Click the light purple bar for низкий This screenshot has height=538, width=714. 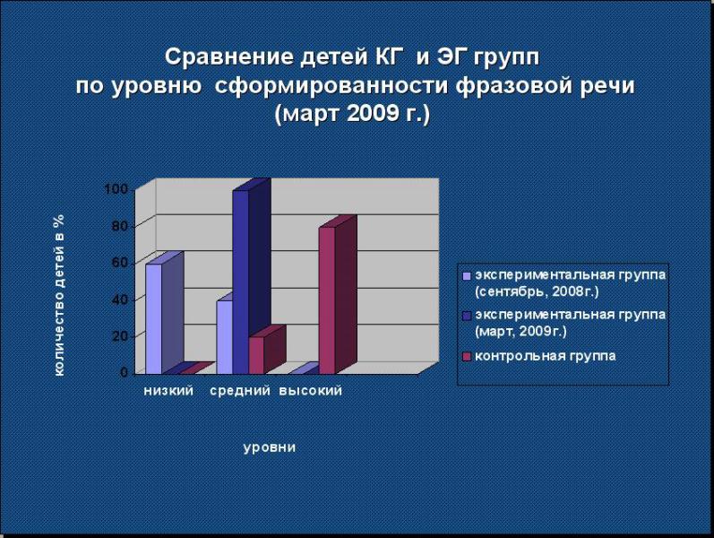pyautogui.click(x=153, y=318)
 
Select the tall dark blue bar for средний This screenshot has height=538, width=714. pyautogui.click(x=240, y=282)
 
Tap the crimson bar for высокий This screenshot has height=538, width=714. pyautogui.click(x=327, y=300)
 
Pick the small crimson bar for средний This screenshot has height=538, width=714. pyautogui.click(x=256, y=356)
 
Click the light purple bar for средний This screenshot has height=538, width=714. pyautogui.click(x=225, y=337)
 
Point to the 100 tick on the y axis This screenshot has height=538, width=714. pyautogui.click(x=116, y=189)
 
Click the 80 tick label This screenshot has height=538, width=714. pyautogui.click(x=120, y=226)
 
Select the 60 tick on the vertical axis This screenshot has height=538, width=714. pyautogui.click(x=120, y=263)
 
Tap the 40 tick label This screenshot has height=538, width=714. pyautogui.click(x=120, y=299)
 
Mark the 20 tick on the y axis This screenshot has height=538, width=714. pyautogui.click(x=120, y=336)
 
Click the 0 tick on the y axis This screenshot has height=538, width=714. pyautogui.click(x=125, y=372)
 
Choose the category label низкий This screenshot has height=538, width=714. pyautogui.click(x=168, y=391)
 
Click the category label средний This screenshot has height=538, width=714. pyautogui.click(x=240, y=391)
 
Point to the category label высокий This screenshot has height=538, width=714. pyautogui.click(x=310, y=391)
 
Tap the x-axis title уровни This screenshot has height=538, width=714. pyautogui.click(x=270, y=447)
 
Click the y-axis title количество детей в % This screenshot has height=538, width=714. pyautogui.click(x=59, y=295)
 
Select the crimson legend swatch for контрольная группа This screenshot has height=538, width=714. pyautogui.click(x=466, y=357)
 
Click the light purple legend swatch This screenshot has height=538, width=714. pyautogui.click(x=466, y=276)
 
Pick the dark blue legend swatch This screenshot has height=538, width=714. pyautogui.click(x=466, y=316)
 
